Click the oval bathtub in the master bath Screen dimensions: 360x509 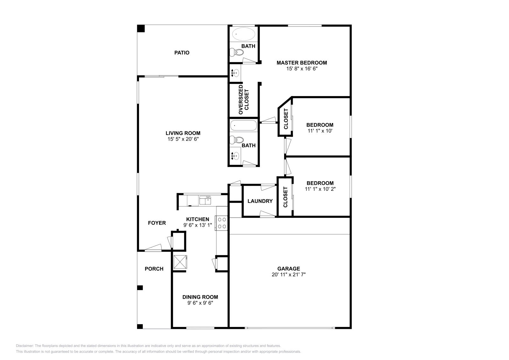[243, 34]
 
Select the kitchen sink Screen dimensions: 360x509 [205, 200]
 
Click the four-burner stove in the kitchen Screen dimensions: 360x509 [222, 223]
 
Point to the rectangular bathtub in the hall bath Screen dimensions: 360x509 [243, 125]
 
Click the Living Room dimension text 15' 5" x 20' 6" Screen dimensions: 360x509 [183, 139]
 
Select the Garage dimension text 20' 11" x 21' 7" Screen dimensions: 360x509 [289, 274]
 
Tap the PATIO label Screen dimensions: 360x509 [182, 52]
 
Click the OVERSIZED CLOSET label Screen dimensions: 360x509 [244, 99]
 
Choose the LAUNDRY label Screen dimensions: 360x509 [260, 201]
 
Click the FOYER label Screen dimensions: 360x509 [157, 223]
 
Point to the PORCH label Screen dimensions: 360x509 [154, 269]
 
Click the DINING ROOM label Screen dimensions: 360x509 [200, 297]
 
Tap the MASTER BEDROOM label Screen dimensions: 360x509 [302, 63]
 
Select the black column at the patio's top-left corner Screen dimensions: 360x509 [141, 28]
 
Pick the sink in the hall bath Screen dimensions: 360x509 [236, 156]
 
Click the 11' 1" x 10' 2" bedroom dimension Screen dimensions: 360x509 [320, 189]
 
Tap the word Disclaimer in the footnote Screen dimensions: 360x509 [24, 346]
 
